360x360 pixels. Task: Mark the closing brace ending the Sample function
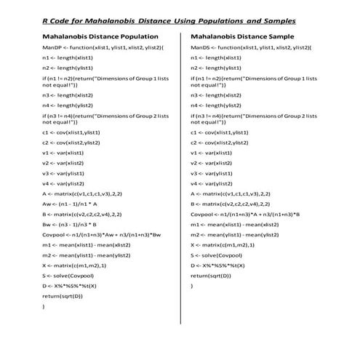[x=191, y=286]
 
